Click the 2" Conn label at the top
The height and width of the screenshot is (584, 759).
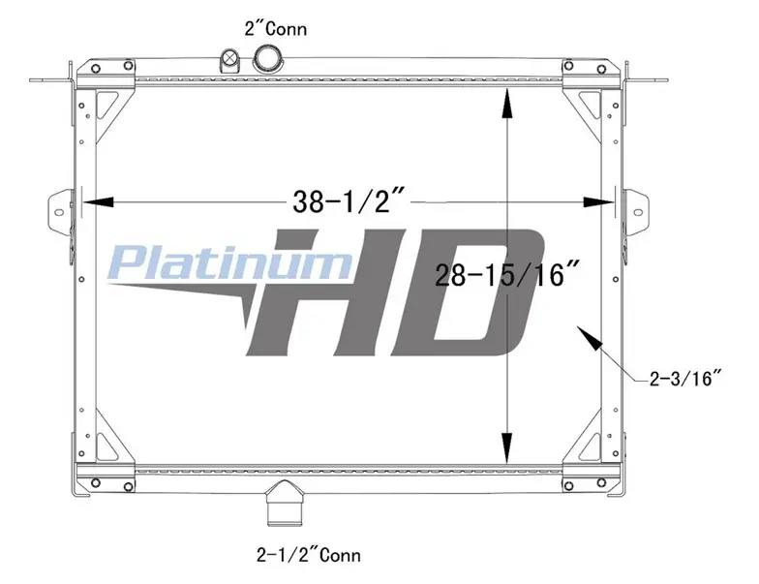[x=275, y=29]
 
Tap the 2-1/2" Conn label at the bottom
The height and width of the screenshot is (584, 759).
[x=309, y=554]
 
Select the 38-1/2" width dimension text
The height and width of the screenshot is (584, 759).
[x=349, y=201]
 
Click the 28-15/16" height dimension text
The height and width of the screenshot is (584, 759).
[x=507, y=275]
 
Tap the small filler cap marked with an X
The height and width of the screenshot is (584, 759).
[x=229, y=60]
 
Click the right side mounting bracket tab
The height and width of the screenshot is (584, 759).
[x=635, y=213]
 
